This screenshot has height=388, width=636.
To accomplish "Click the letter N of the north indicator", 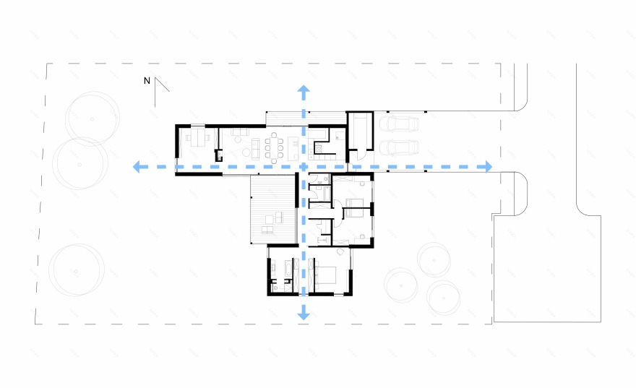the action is [147, 81].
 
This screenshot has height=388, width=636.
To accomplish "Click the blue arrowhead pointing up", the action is [304, 91].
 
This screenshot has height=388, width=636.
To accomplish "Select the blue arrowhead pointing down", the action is [304, 314].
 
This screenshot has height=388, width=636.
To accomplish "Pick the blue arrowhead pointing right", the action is [486, 167].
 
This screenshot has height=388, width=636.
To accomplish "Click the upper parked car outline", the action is [399, 124].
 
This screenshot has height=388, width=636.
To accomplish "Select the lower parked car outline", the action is [399, 148].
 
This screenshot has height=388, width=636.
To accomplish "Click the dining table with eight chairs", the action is [274, 148].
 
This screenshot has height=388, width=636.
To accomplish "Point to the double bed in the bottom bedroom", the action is [325, 275].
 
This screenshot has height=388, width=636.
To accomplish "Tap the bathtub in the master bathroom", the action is [288, 269].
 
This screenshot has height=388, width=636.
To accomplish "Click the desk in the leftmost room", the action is [198, 137].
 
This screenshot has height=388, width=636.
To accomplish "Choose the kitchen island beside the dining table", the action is [293, 148].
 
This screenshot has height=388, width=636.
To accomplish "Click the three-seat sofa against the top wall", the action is [240, 132].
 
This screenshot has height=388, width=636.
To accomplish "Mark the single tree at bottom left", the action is [77, 270].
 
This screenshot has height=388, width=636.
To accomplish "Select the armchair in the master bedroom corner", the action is [340, 251].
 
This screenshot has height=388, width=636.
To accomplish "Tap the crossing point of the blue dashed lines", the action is [304, 167].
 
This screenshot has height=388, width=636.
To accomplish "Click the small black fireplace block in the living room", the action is [218, 155].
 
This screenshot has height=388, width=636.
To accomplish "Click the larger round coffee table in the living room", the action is [246, 152].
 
